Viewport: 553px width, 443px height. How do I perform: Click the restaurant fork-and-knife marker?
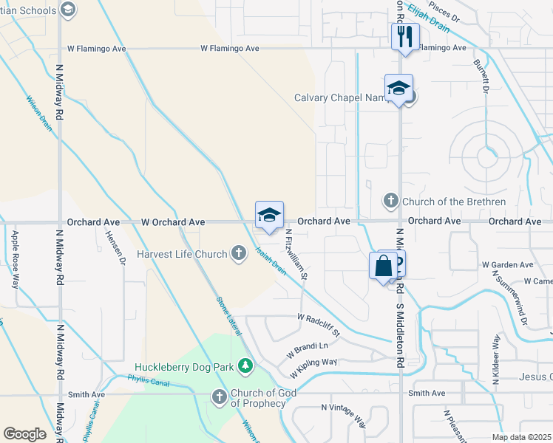pyautogui.click(x=405, y=37)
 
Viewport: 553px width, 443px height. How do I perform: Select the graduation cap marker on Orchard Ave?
pyautogui.click(x=269, y=216)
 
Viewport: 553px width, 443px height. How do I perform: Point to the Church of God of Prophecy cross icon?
pyautogui.click(x=219, y=397)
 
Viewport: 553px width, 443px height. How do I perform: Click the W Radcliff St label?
pyautogui.click(x=318, y=325)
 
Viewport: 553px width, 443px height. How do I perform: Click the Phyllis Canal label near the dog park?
pyautogui.click(x=148, y=382)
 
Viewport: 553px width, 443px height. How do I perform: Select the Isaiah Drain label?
pyautogui.click(x=270, y=258)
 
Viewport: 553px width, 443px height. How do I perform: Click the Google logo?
pyautogui.click(x=25, y=433)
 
